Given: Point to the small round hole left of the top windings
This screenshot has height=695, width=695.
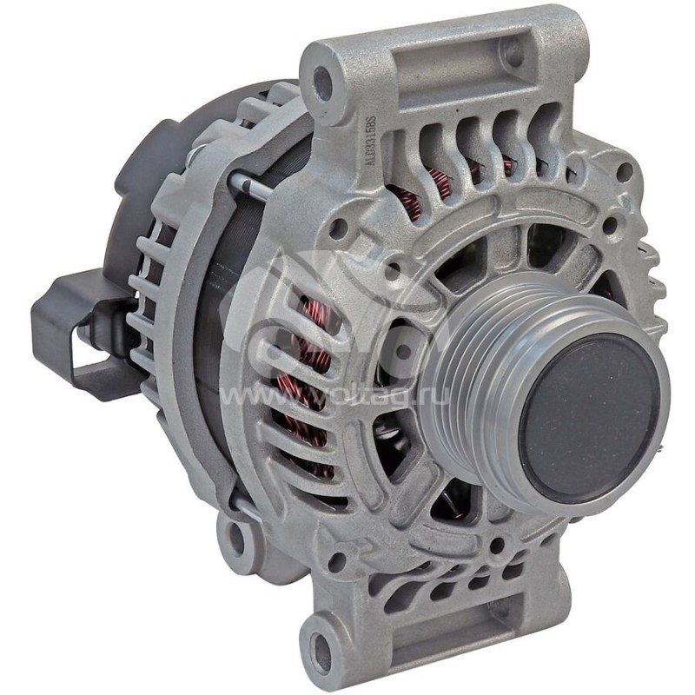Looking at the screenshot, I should click(x=341, y=228).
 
